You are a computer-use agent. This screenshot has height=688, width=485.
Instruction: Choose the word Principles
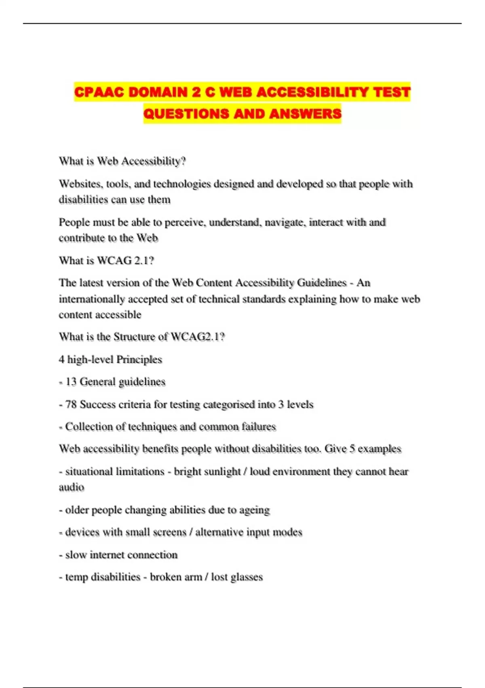[x=139, y=359]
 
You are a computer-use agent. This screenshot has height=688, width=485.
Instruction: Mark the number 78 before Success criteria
[x=71, y=404]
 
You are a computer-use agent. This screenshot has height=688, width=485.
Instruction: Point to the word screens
[x=167, y=532]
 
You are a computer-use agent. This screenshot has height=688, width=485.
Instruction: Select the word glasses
[x=247, y=577]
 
